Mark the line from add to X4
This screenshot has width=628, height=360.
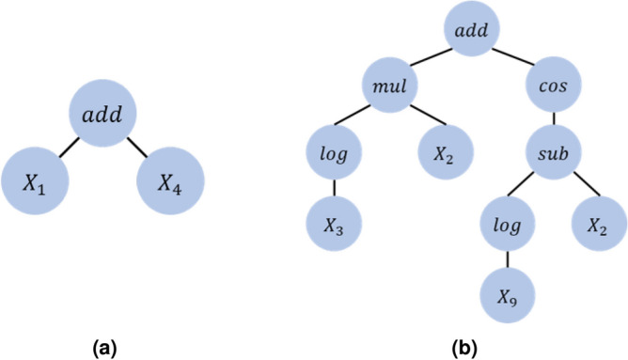137,150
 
